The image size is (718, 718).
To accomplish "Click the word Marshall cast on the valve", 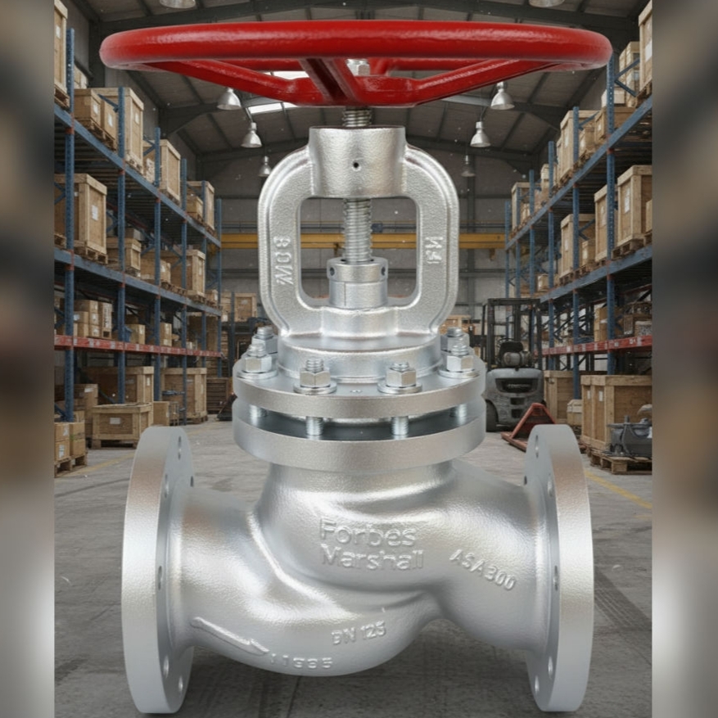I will tap(372, 558).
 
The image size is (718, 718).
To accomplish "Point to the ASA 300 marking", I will tap(483, 570).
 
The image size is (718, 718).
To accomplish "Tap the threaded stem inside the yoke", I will tap(357, 229).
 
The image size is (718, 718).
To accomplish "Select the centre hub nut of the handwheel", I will tap(358, 66).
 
